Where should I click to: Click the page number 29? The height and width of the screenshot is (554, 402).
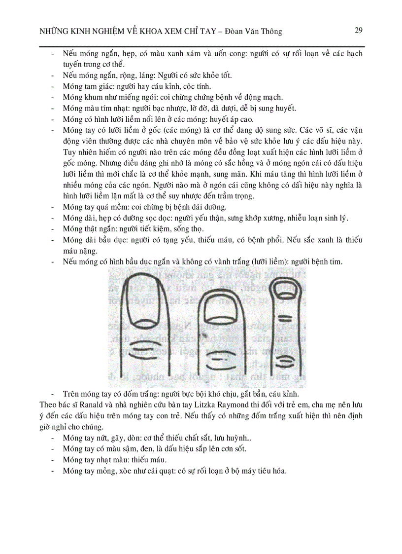pyautogui.click(x=359, y=31)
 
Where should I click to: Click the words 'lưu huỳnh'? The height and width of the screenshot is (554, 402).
pyautogui.click(x=234, y=438)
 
